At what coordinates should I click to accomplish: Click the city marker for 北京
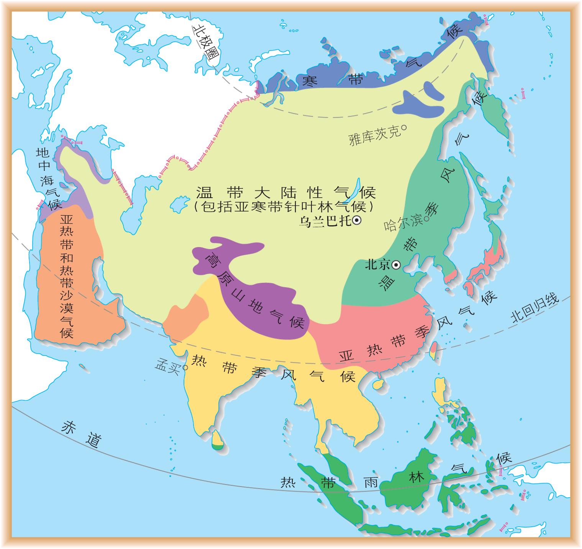[x=397, y=265]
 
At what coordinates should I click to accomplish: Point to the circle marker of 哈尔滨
[x=426, y=219]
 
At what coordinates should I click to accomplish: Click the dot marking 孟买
[x=185, y=367]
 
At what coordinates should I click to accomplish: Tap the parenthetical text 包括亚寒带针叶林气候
[x=284, y=207]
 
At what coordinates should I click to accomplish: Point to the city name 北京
[x=377, y=264]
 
